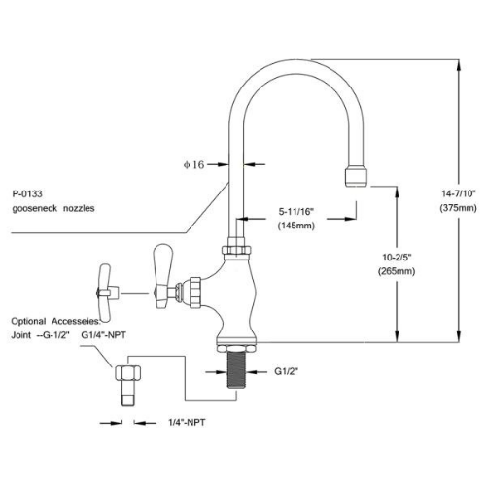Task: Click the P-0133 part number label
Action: (x=27, y=194)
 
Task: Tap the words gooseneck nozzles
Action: (x=53, y=208)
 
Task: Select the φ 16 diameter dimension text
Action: (x=193, y=165)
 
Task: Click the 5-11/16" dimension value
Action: (x=296, y=212)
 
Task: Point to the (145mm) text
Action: (x=296, y=226)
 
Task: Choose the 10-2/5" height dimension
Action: (x=397, y=258)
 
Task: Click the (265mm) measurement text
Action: (x=397, y=271)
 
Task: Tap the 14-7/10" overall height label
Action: (x=459, y=193)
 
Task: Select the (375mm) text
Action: (x=459, y=208)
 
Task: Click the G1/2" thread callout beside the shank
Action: (x=287, y=371)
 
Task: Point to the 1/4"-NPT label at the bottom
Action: (x=187, y=423)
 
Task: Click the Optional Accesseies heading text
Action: (x=55, y=321)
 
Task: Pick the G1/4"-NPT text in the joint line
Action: (x=103, y=335)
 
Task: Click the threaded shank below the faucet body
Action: (x=236, y=369)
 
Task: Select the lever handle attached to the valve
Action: (x=163, y=276)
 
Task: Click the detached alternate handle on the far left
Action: (x=106, y=293)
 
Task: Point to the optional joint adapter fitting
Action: (x=128, y=385)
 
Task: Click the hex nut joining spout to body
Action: (x=236, y=251)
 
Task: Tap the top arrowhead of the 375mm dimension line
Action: (x=459, y=65)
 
